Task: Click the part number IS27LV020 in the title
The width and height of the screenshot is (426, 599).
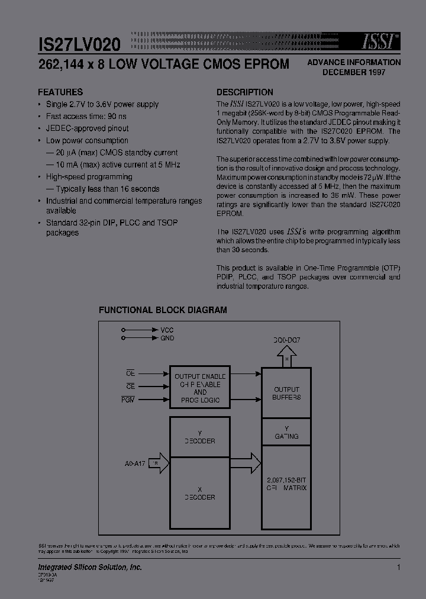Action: [80, 44]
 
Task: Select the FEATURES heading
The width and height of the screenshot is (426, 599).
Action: [60, 92]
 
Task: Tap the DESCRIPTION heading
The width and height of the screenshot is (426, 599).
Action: [244, 92]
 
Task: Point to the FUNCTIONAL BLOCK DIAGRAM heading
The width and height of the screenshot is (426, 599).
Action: [163, 310]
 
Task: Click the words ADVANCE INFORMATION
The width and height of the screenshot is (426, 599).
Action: [354, 62]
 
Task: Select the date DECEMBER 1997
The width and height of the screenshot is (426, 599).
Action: [354, 72]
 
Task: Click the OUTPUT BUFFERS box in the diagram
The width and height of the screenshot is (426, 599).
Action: [286, 393]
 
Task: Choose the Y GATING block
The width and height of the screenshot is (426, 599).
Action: [286, 432]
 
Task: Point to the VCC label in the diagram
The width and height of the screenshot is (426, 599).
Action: [167, 330]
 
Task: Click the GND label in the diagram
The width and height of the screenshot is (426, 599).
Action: [167, 338]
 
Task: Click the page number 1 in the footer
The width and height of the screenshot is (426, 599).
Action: [399, 568]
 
